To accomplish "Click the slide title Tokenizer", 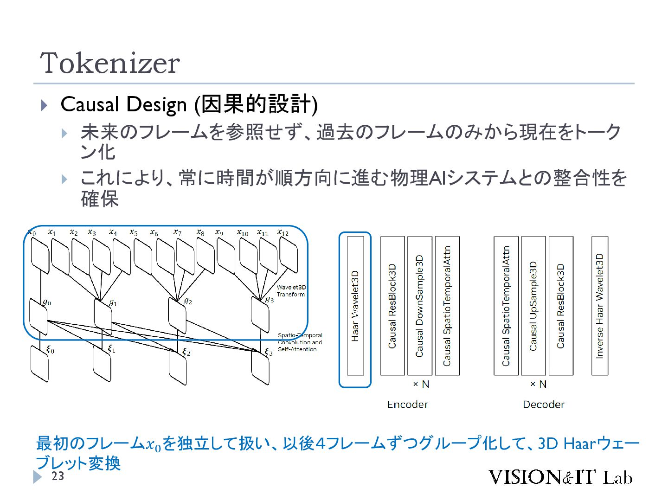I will (110, 63).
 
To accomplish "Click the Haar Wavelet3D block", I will (355, 306).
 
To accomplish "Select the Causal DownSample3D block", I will (420, 306).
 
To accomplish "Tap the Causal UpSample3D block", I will (533, 306).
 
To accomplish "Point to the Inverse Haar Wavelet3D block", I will (600, 306).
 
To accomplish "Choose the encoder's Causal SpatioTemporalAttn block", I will (447, 306).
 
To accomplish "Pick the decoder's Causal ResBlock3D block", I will (561, 306).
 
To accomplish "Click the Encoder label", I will (407, 405).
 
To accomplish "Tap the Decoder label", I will (543, 405).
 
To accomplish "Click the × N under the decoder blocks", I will (538, 384).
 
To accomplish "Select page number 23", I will (58, 476).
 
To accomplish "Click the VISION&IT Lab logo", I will (560, 477).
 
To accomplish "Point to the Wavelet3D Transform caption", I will (291, 291).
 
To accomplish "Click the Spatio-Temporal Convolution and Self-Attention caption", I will (300, 342).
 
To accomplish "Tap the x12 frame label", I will (283, 232).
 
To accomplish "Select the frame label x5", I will (134, 232).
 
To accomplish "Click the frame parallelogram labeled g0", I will (39, 316).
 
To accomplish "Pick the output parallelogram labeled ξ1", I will (102, 364).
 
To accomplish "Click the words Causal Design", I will (123, 104).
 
